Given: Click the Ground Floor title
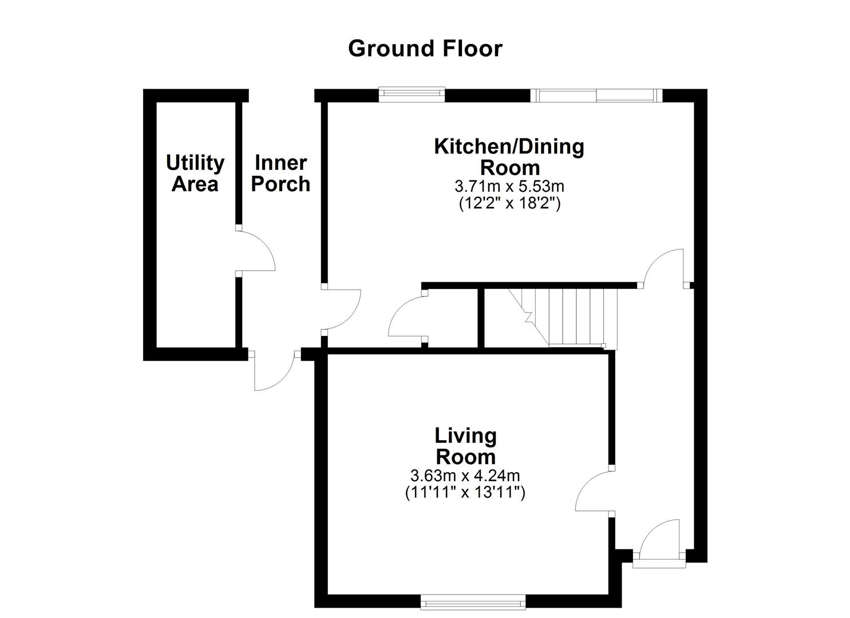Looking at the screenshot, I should click(x=425, y=49).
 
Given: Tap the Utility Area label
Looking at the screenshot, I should click(x=195, y=173).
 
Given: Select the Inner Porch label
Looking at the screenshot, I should click(x=281, y=173).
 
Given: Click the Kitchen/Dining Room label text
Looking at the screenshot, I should click(x=509, y=157).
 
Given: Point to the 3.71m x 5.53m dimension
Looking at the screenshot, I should click(x=509, y=187).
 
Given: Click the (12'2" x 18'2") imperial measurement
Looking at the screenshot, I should click(x=509, y=203).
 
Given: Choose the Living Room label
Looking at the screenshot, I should click(x=465, y=446).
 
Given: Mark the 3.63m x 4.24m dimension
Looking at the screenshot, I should click(x=465, y=476).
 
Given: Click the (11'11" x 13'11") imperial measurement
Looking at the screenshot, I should click(x=465, y=492).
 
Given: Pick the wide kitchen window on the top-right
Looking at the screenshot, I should click(x=596, y=95).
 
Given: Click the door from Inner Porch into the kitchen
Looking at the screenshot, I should click(x=341, y=310).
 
